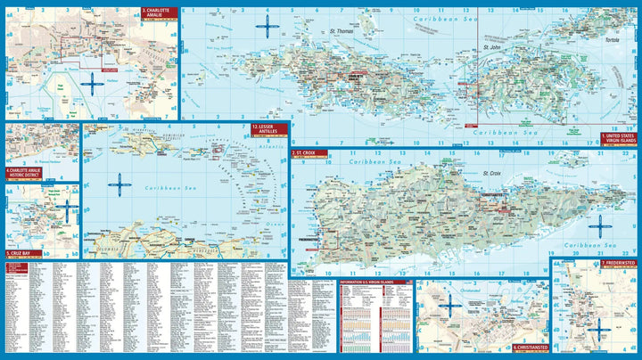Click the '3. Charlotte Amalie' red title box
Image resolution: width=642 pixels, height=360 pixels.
[157, 14]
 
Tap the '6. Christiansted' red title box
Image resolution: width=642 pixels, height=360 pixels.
[529, 347]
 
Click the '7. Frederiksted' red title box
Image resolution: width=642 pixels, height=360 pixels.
[618, 264]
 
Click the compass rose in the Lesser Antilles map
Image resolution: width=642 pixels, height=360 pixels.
[119, 185]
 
